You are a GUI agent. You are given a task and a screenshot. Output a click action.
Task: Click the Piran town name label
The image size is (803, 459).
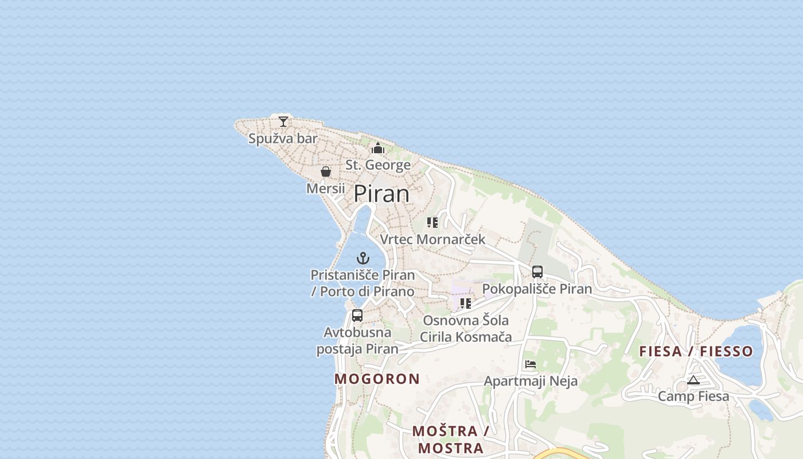tap(381, 194)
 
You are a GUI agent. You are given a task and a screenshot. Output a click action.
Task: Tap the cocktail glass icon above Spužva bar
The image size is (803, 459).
tap(283, 121)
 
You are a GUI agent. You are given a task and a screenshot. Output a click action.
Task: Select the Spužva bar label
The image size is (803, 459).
tap(283, 138)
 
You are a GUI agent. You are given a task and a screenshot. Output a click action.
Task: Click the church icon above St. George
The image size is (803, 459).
tap(378, 149)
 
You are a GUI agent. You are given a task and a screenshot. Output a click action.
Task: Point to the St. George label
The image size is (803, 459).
tap(378, 165)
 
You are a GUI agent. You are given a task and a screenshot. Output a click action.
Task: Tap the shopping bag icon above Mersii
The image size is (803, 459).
tap(326, 172)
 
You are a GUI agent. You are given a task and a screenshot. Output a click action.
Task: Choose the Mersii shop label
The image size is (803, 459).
tap(326, 188)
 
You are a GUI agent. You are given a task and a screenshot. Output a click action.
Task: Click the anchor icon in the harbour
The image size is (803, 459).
tap(363, 258)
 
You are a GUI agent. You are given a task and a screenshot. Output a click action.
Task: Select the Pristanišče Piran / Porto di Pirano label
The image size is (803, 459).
tap(362, 283)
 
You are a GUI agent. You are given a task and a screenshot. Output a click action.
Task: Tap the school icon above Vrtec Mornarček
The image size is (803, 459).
tap(432, 223)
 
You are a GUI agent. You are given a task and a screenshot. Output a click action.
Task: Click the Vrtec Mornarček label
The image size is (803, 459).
tap(432, 239)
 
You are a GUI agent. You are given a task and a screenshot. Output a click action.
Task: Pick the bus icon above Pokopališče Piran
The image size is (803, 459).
tap(537, 272)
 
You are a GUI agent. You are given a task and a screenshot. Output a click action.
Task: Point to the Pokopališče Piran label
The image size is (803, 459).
tap(537, 289)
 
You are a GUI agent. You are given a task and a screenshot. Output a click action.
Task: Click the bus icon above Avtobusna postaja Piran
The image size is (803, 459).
tap(357, 316)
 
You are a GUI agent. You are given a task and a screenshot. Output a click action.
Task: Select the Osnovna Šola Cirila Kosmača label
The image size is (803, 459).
tap(466, 328)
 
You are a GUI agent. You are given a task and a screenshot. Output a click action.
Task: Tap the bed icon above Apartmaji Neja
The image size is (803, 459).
tap(531, 364)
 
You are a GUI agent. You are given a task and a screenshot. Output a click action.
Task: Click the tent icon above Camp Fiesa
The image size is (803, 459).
tap(693, 380)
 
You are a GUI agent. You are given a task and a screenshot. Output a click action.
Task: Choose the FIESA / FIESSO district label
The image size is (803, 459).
tap(696, 351)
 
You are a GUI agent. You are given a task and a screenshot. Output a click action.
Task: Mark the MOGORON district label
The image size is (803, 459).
tap(377, 379)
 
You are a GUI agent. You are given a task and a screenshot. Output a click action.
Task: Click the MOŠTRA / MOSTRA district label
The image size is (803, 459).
tap(451, 439)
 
